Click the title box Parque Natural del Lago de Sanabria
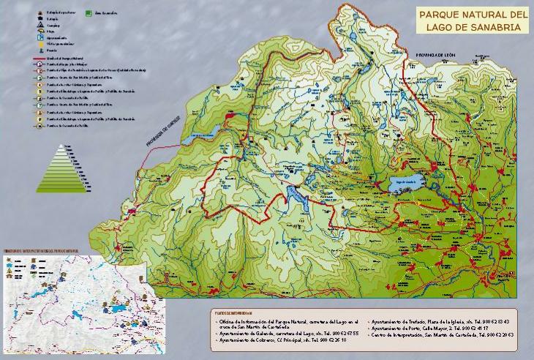pos(472,20)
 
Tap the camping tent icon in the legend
pos(39,24)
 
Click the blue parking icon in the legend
pos(39,37)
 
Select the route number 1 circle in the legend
pos(39,64)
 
